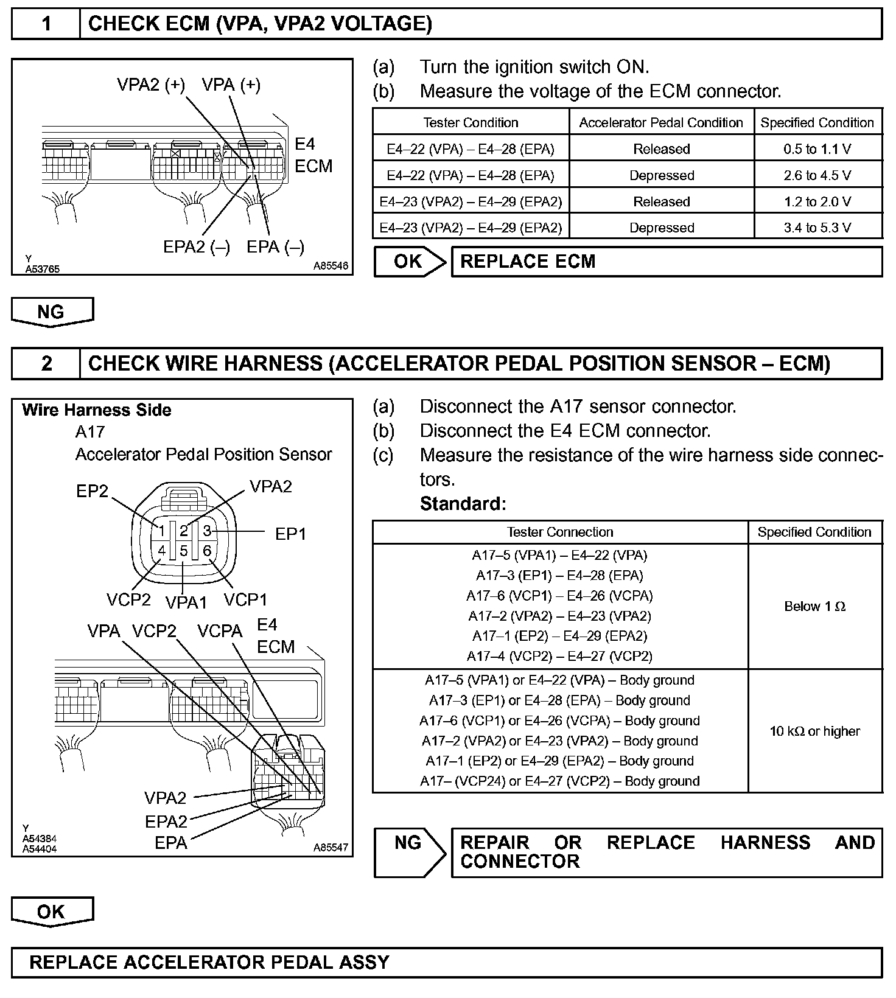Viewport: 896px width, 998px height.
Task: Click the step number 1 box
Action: (46, 24)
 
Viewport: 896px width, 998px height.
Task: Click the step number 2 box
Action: (46, 363)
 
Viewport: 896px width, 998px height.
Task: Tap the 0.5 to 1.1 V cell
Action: (817, 149)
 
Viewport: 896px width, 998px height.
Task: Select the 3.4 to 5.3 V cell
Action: (817, 228)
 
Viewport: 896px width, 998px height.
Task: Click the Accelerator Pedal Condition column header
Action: (661, 123)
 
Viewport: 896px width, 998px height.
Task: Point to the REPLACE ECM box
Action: (666, 262)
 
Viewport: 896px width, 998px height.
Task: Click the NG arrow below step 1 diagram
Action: (52, 312)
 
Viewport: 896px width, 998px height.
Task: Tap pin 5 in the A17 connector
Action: (184, 551)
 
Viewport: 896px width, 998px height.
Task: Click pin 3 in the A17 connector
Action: (207, 531)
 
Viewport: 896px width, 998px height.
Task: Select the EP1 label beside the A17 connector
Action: (290, 534)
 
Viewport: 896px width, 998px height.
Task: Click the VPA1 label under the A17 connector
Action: (186, 602)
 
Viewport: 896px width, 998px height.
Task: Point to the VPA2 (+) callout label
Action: (151, 85)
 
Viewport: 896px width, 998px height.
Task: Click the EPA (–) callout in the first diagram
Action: (275, 246)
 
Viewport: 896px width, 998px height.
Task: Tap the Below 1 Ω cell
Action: (814, 606)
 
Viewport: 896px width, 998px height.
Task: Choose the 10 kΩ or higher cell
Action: (814, 731)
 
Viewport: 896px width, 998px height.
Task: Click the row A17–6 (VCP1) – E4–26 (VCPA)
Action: (559, 596)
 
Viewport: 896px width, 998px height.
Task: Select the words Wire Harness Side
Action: (97, 410)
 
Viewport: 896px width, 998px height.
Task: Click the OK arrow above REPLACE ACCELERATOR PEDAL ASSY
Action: (52, 912)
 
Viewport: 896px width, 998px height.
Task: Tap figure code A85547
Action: (331, 847)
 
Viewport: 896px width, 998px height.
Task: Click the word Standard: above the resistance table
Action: (463, 504)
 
